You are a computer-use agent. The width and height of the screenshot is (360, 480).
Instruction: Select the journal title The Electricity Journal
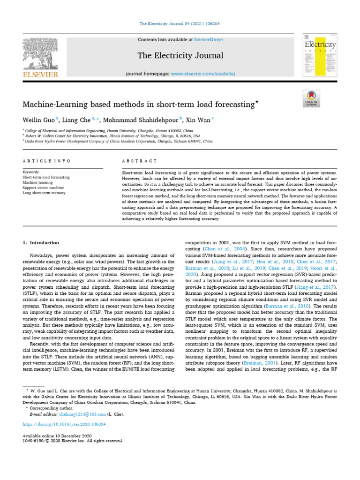tap(180, 56)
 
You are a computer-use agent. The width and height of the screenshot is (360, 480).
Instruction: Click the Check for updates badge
tap(311, 98)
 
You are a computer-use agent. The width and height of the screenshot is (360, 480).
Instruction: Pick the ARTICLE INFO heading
tap(46, 161)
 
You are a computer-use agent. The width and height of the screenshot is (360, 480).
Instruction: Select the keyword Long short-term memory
tap(44, 193)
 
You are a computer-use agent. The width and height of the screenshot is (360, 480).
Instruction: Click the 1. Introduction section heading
tap(41, 242)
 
